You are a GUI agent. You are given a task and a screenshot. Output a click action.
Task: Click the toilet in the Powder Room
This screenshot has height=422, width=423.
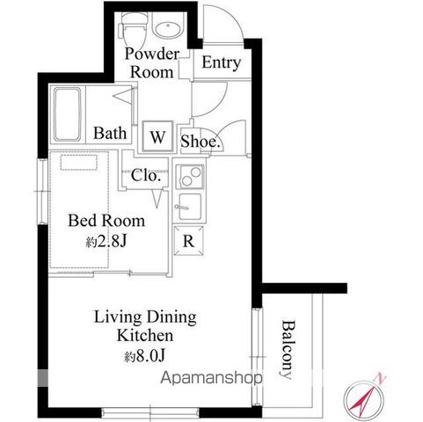pos(134,29)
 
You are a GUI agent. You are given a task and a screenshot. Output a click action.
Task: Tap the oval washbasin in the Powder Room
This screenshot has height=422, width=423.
pos(168,29)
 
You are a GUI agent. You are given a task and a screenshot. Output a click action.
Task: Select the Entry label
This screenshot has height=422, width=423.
pos(222,63)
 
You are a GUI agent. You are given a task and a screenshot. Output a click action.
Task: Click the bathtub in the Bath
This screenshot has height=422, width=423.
pos(68,114)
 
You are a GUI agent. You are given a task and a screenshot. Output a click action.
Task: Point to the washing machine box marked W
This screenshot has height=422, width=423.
pos(157,136)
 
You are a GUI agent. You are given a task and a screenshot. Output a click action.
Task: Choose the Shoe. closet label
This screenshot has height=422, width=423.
pos(201,142)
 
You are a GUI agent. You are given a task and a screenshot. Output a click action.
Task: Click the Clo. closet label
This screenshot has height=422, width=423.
pos(146,175)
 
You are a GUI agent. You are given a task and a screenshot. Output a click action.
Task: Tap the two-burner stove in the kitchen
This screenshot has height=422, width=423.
pos(190,177)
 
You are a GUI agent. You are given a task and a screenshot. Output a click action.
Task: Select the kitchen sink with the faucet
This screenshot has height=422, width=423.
pos(189,207)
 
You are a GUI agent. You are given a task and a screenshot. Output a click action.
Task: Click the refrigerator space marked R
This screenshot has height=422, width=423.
pos(188,241)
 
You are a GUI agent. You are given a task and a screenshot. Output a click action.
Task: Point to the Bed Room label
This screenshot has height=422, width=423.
pos(106,221)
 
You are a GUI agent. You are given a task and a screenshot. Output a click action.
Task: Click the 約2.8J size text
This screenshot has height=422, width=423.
pos(106,241)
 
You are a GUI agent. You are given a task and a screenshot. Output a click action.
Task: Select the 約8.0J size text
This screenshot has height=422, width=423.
pos(145,356)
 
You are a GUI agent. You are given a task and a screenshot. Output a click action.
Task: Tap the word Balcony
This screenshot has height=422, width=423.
pos(288,350)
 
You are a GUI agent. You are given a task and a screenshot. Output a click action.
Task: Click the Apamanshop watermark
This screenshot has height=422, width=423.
pos(211,378)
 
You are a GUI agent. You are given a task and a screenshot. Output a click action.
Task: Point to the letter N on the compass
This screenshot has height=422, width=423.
pos(380,378)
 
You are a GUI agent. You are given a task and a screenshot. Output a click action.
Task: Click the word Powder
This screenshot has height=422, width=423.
pos(151,54)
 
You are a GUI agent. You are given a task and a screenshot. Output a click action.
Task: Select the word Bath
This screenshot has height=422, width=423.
pos(110,133)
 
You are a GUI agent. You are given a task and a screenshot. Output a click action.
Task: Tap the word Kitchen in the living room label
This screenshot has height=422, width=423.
pos(145,335)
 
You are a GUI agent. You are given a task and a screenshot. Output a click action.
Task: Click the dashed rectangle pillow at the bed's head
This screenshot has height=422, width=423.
pos(79,163)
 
